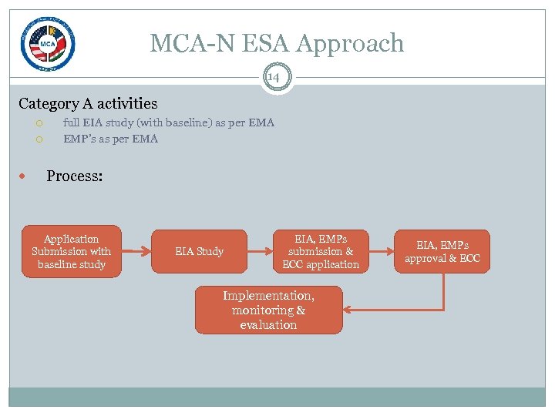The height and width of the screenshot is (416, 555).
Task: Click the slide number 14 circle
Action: coord(274,77)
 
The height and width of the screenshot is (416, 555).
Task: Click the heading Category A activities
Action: coord(88,103)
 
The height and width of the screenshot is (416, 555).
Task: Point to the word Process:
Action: coord(74,176)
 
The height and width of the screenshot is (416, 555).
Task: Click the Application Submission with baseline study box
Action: coord(71,252)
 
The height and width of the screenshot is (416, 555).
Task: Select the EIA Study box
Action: coord(199,252)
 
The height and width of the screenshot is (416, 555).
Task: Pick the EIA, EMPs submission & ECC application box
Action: coord(321,252)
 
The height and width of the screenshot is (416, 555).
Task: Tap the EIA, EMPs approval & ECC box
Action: coord(442,252)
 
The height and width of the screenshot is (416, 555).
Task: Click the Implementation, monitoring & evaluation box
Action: coord(268,310)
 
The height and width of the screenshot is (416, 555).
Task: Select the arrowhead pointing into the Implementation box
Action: coord(348,310)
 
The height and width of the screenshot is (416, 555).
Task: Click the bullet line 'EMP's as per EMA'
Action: coord(110,139)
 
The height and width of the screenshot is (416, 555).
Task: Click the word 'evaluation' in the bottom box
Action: coord(268,325)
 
